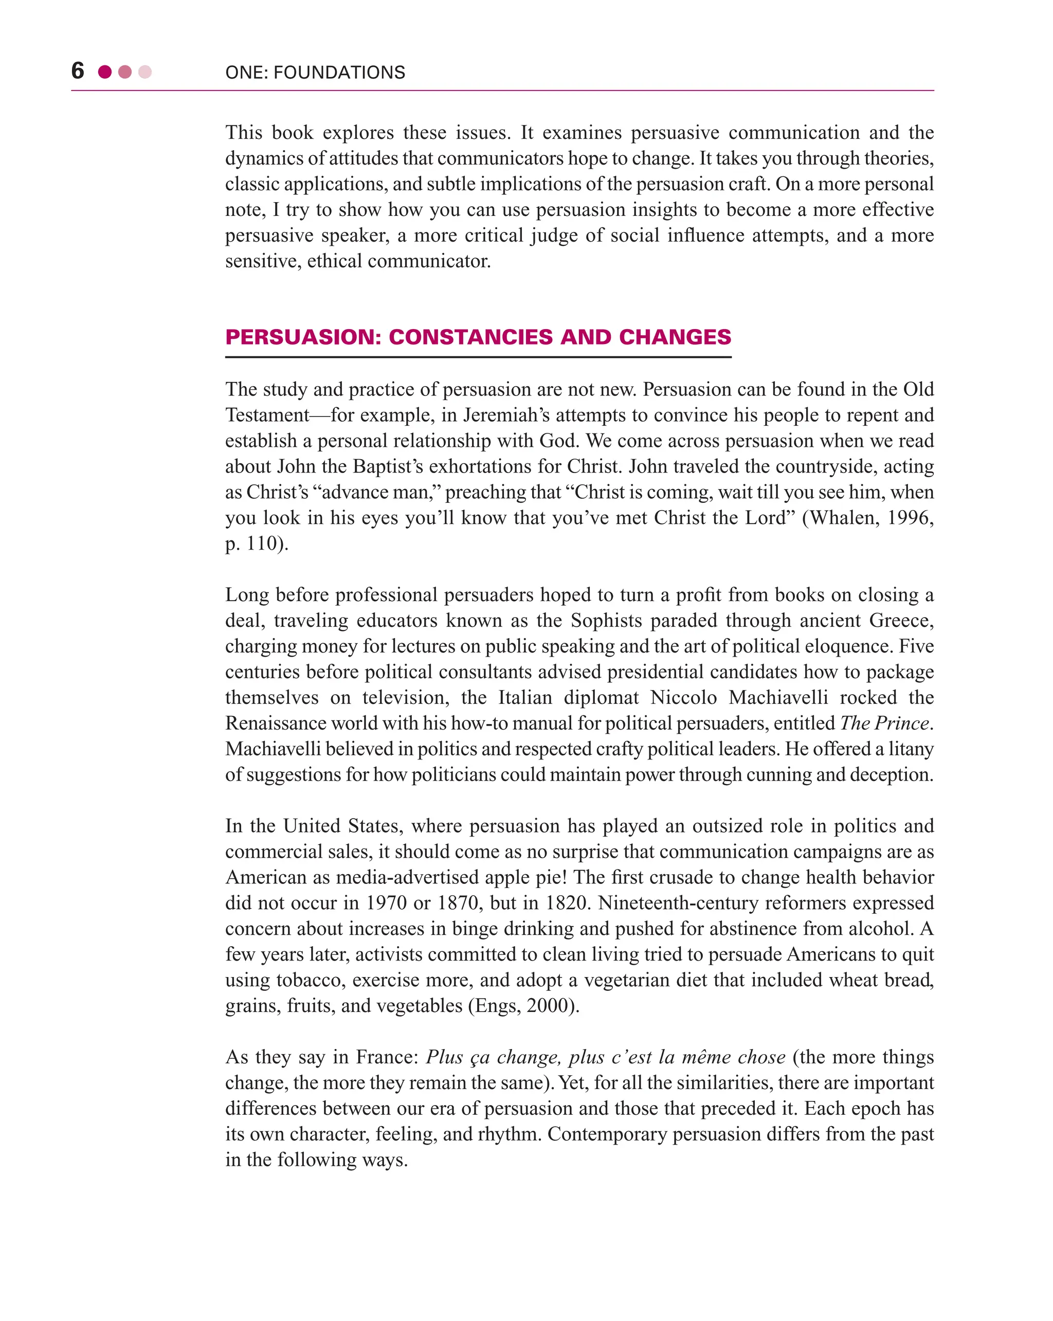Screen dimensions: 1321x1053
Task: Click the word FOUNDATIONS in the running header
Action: tap(339, 73)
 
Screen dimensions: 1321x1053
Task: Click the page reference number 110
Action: tap(262, 544)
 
